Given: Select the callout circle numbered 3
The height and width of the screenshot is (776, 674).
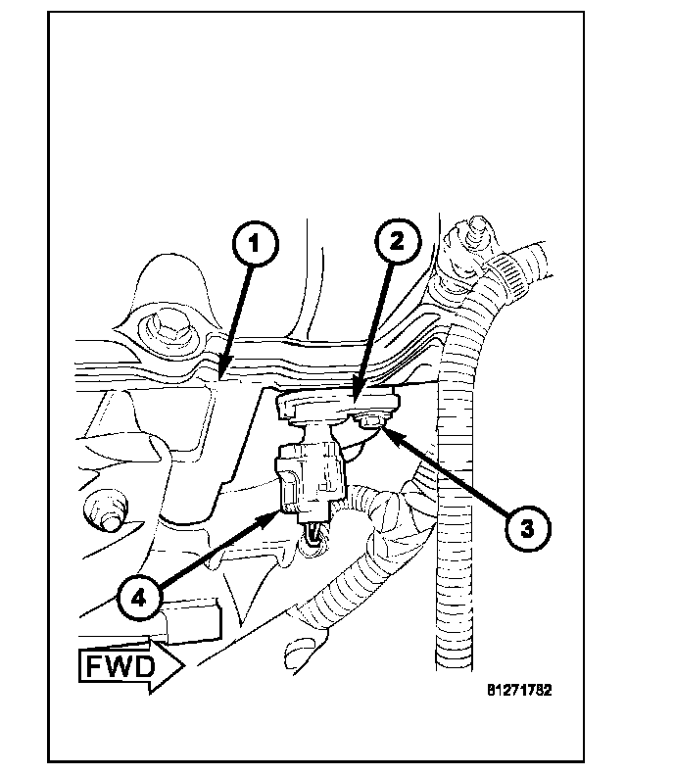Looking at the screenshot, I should click(525, 528).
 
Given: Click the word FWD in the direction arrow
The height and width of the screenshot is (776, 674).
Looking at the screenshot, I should click(115, 668).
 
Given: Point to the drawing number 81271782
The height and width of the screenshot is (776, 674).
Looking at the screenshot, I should click(519, 690).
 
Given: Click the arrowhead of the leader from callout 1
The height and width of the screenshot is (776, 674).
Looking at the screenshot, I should click(222, 376).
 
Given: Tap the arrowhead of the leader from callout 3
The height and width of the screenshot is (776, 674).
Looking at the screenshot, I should click(383, 429).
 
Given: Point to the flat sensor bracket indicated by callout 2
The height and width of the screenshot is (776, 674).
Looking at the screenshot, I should click(338, 404).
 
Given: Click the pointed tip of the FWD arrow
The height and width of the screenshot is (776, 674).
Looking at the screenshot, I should click(182, 668).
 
